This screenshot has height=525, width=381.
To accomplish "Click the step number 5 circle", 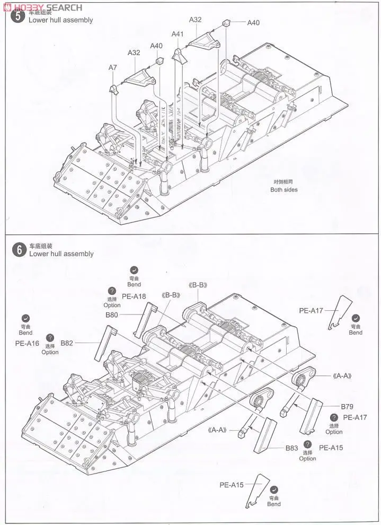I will click(x=19, y=16).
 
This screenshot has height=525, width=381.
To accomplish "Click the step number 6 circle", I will click(x=19, y=250).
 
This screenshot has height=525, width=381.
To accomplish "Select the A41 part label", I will click(x=178, y=34).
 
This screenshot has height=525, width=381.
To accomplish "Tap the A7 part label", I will click(x=112, y=67).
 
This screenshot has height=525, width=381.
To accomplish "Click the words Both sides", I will click(x=284, y=190).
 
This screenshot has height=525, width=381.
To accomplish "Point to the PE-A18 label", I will click(x=134, y=296).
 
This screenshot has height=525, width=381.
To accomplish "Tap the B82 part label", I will click(x=66, y=343).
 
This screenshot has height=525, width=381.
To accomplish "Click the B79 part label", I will click(x=347, y=407).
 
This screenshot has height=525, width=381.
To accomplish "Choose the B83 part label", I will click(x=292, y=448).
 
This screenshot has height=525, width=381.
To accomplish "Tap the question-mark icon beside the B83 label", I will click(x=307, y=444).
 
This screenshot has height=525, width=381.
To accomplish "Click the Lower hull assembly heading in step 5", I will click(x=61, y=20).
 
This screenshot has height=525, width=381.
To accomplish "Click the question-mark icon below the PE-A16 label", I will click(x=50, y=337).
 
